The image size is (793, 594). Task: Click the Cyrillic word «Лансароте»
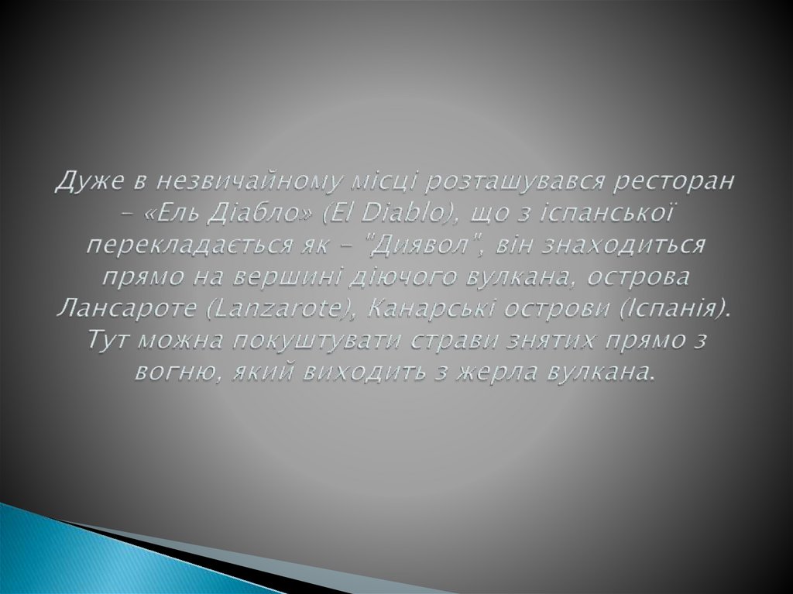(121, 309)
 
